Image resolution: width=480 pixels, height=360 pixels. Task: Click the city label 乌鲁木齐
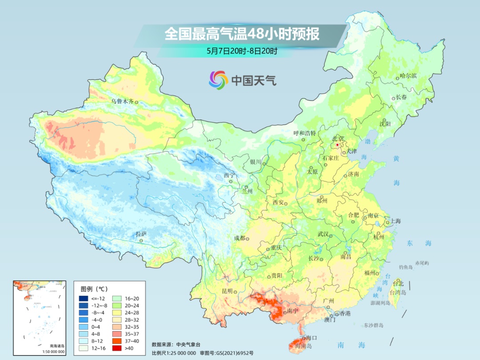[122, 101]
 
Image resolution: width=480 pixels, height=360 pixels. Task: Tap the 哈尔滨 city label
[408, 76]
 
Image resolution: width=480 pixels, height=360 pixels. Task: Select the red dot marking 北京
[337, 145]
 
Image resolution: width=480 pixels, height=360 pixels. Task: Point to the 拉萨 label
[141, 234]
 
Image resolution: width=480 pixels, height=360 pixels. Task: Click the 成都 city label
[240, 238]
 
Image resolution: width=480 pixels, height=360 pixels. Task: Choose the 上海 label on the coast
[396, 221]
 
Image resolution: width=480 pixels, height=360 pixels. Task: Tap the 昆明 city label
[227, 291]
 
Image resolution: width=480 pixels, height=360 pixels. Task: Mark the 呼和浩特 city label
[304, 133]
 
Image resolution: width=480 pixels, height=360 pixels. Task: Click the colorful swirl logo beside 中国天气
[218, 80]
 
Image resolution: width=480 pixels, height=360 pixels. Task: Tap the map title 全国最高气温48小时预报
[242, 34]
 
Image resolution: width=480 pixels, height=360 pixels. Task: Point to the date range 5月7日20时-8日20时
[242, 51]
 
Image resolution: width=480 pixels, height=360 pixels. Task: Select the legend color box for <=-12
[84, 298]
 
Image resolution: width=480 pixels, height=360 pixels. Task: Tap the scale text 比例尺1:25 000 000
[174, 353]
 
